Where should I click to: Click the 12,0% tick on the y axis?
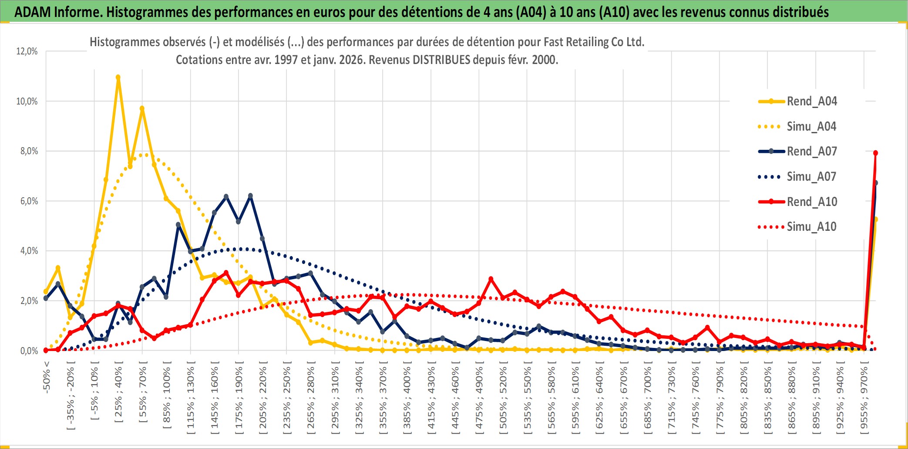pos(27,51)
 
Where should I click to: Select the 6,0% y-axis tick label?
pos(27,201)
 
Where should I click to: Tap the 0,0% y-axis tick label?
pos(29,351)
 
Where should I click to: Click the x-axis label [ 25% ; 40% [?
pos(118,394)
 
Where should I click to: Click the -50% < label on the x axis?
pos(47,377)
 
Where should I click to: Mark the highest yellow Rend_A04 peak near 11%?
pos(118,77)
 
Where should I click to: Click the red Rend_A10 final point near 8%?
pos(875,153)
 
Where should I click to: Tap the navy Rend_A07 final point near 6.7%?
pos(875,183)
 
